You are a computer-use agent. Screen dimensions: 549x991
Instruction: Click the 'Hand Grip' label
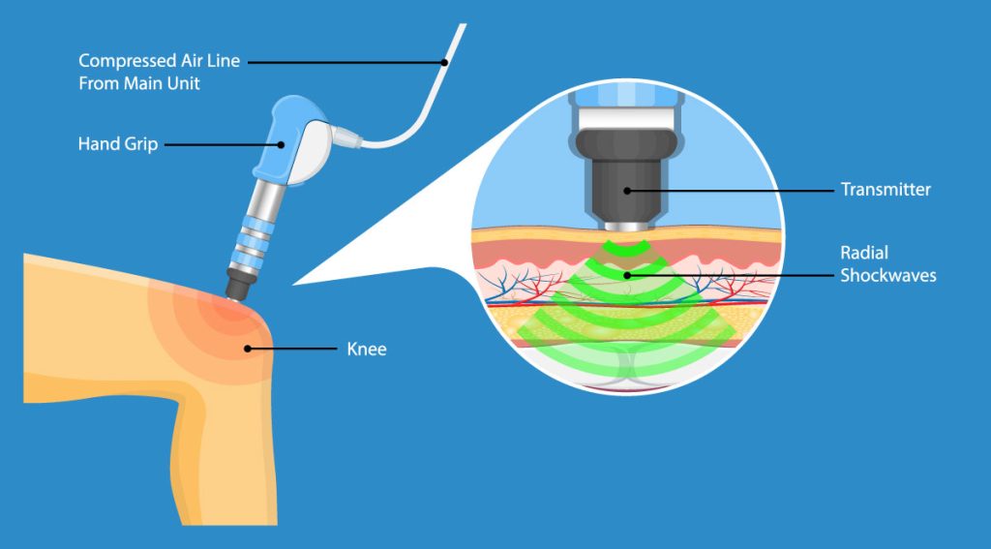pyautogui.click(x=116, y=144)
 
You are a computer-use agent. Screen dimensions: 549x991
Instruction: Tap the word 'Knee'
pyautogui.click(x=366, y=349)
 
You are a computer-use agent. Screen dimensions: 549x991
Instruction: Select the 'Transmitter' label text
pyautogui.click(x=886, y=190)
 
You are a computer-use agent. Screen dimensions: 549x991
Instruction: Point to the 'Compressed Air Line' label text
pyautogui.click(x=159, y=61)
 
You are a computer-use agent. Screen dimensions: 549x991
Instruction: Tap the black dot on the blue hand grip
pyautogui.click(x=283, y=144)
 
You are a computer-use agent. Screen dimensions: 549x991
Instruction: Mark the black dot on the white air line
pyautogui.click(x=444, y=62)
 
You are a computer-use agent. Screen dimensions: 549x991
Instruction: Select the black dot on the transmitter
pyautogui.click(x=626, y=190)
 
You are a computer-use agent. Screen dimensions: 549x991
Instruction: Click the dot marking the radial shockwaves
pyautogui.click(x=626, y=275)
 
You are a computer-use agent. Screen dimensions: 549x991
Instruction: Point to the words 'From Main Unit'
pyautogui.click(x=139, y=83)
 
